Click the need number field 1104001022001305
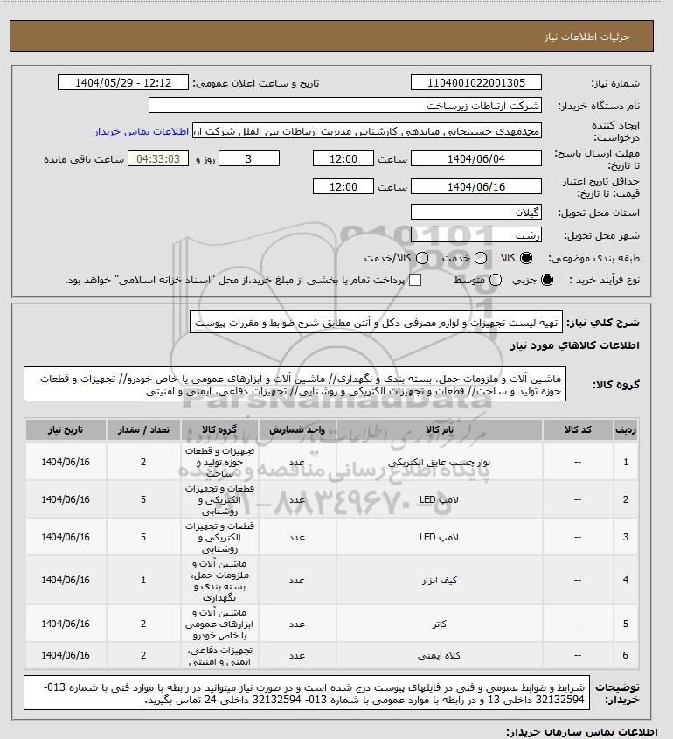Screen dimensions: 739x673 [x=475, y=83]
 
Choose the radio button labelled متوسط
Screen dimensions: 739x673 [x=496, y=280]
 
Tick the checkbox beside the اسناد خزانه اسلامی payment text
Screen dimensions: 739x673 [x=416, y=280]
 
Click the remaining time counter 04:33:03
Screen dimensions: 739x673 [x=158, y=159]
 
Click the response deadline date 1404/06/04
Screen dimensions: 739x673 [x=475, y=159]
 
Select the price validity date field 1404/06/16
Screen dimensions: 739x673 [x=475, y=187]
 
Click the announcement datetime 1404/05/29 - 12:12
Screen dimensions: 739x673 [x=122, y=83]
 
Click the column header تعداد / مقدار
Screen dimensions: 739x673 [x=142, y=431]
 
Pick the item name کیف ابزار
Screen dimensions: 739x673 [x=427, y=579]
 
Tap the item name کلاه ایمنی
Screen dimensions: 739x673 [x=427, y=655]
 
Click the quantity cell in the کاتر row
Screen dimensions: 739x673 [x=142, y=624]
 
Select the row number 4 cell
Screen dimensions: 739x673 [x=625, y=579]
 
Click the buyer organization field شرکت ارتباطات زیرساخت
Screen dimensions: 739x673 [x=345, y=106]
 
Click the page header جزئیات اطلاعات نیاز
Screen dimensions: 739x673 [x=604, y=38]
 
